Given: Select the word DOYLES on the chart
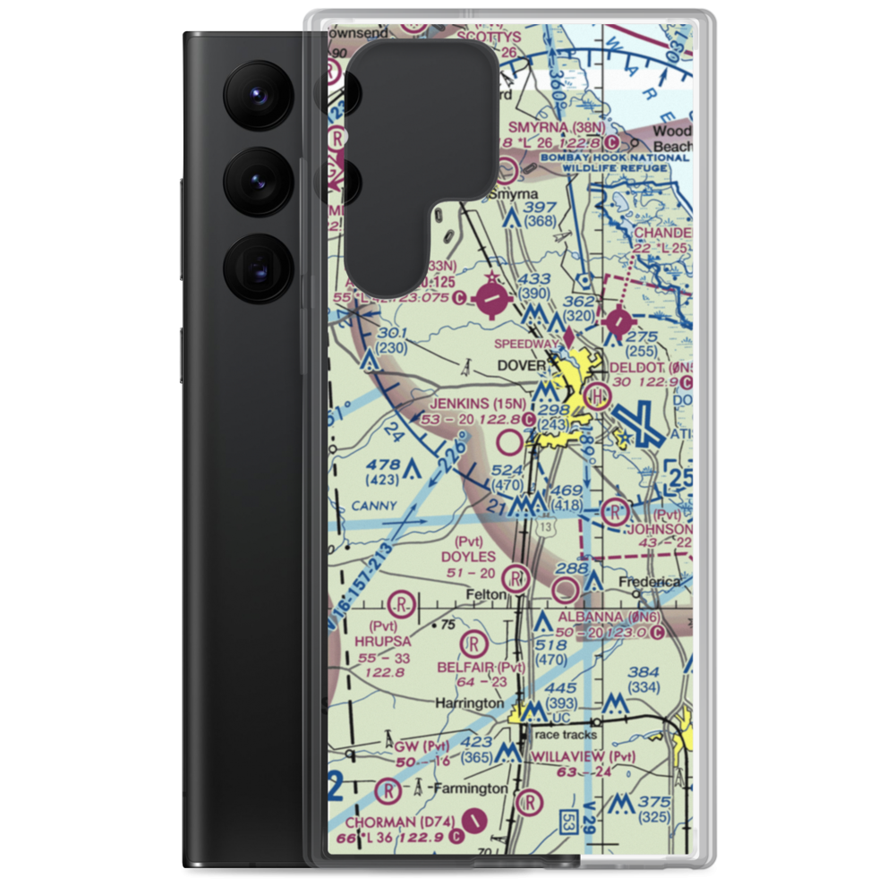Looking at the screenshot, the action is coord(468,557).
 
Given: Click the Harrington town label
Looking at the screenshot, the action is coord(469,703).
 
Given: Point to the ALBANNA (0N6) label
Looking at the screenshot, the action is coord(610,618).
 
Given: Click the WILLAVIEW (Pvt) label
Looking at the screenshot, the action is coord(583,756).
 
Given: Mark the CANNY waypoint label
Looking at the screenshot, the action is coord(373,506).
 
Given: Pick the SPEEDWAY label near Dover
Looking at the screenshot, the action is coord(528,341).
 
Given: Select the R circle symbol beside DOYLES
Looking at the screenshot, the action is coord(515,576).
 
